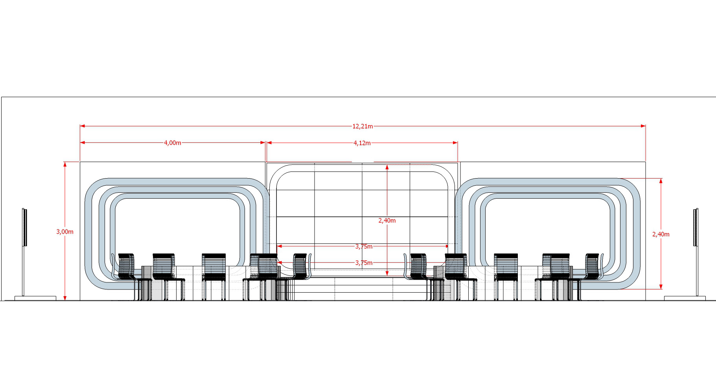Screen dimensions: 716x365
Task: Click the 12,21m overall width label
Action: coord(362,126)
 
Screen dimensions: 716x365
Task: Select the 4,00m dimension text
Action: coord(173,143)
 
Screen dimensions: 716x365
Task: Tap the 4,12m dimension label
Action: coord(362,143)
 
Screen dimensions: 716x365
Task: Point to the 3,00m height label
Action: coord(65,232)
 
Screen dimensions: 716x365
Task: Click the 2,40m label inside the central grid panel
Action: coord(387,220)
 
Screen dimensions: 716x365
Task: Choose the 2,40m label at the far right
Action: coord(661,234)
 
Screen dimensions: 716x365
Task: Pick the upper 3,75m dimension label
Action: coord(364,246)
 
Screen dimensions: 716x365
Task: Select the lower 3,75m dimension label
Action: coord(364,263)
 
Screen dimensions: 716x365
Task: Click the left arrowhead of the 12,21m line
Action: coord(82,126)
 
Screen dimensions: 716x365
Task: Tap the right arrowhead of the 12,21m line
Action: coord(643,126)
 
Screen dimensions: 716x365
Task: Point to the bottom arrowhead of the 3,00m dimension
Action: coord(65,298)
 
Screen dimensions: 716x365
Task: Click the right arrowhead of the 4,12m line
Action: coord(456,143)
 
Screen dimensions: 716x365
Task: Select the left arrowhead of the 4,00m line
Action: coord(82,143)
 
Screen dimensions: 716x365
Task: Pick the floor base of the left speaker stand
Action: coord(35,298)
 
